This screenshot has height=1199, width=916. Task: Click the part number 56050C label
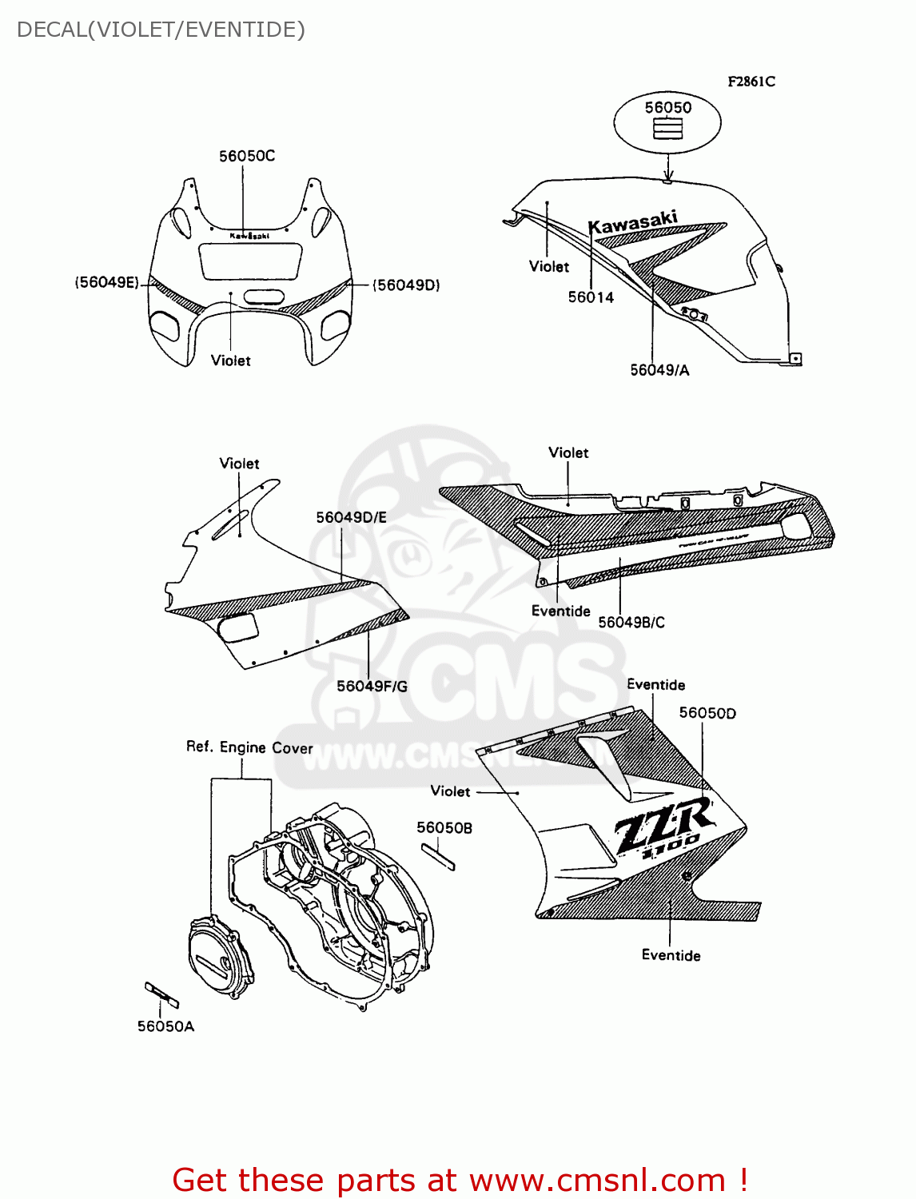coord(247,156)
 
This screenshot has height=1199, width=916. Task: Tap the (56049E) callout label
coord(107,282)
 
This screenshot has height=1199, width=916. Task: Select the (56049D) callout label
coord(406,285)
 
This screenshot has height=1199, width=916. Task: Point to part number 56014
coord(591,297)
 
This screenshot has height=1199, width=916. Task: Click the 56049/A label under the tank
coord(659,369)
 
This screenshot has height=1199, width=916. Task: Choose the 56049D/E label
coord(351,517)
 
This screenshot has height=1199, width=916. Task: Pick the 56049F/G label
coord(372,686)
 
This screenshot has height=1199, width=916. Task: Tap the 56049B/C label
coord(631,622)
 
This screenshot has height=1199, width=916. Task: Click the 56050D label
coord(707,713)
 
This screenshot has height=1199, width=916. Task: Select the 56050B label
coord(444,827)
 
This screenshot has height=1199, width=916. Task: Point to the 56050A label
coord(165,1026)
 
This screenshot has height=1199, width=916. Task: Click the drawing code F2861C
coord(751,82)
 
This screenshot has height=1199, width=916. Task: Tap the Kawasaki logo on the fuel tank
coord(633,222)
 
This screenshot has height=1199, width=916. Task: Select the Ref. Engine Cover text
coord(249,747)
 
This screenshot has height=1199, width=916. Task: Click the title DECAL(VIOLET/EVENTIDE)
coord(161,30)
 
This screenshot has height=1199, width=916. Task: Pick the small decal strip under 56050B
coord(438,856)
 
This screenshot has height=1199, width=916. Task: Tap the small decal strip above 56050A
coord(161,994)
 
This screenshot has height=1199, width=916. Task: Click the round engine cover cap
coord(219,958)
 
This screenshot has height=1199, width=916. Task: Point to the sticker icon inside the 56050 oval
coord(667,129)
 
